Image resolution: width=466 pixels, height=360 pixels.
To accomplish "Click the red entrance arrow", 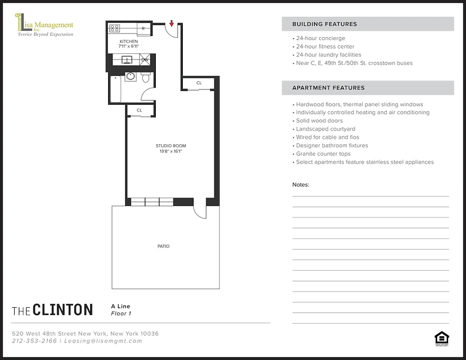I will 172,23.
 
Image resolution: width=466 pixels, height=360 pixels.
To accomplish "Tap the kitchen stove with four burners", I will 115,28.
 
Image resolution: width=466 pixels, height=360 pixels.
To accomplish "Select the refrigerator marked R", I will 143,28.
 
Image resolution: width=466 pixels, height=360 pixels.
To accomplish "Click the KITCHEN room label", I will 129,41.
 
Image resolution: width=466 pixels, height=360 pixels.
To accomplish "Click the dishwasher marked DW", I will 145,59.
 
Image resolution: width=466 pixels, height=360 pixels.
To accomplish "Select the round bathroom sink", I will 131,76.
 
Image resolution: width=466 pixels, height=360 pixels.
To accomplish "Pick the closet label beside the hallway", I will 199,83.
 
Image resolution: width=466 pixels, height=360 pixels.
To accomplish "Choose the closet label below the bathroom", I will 140,110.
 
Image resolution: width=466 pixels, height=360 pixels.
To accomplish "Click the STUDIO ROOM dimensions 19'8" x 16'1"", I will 171,152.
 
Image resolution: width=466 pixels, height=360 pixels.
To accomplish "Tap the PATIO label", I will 163,246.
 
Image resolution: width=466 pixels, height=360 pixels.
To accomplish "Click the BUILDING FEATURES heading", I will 324,24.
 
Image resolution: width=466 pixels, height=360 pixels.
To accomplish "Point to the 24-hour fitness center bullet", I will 325,46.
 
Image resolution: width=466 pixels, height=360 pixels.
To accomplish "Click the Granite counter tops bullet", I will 323,154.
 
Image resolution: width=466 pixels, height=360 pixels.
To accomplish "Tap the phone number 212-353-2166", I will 34,341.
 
